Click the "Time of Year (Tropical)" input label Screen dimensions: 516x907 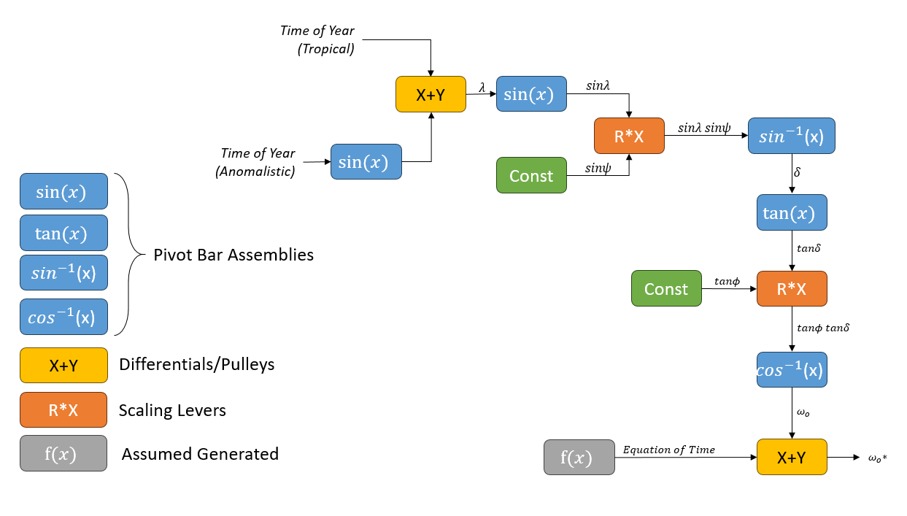coord(317,40)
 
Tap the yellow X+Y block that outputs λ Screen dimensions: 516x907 coord(431,94)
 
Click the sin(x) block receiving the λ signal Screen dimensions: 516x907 coord(531,93)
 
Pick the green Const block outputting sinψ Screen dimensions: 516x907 coord(531,175)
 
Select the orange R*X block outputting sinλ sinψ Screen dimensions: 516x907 coord(629,136)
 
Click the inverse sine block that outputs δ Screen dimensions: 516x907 coord(792,136)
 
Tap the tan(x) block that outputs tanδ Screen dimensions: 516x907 coord(792,212)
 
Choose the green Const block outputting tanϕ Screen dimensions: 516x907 coord(665,288)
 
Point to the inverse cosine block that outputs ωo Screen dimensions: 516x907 coord(792,369)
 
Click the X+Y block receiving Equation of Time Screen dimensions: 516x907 coord(792,457)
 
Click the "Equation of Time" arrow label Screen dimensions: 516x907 coord(668,450)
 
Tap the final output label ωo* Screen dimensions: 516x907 coord(877,458)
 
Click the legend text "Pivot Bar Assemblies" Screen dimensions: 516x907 coord(233,255)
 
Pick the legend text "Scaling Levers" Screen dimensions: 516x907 coord(172,410)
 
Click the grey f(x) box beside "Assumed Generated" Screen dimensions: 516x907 coord(63,453)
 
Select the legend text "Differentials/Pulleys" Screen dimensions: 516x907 coord(197,364)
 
